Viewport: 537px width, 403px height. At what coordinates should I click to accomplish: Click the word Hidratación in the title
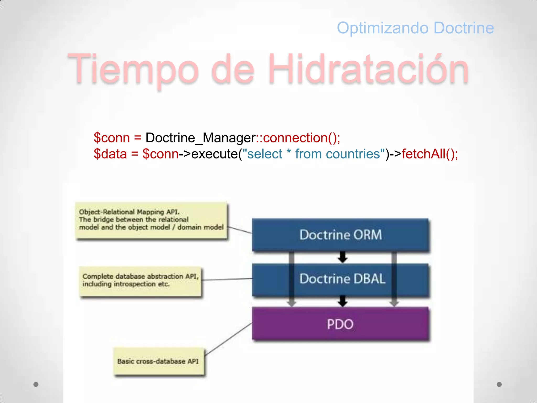click(x=368, y=69)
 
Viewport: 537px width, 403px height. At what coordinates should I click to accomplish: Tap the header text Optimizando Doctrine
click(x=415, y=28)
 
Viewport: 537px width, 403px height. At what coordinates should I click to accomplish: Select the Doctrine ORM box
click(x=340, y=235)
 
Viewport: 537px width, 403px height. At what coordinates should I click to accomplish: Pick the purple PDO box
click(x=340, y=324)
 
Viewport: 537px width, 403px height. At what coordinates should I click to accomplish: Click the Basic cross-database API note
click(x=158, y=362)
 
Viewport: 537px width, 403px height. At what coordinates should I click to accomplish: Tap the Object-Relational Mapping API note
click(x=151, y=220)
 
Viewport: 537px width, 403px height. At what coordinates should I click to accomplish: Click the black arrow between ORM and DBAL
click(x=342, y=257)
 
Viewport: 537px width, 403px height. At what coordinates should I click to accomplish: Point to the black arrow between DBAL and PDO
click(x=342, y=301)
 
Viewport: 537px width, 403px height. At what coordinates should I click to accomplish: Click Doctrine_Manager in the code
click(x=200, y=138)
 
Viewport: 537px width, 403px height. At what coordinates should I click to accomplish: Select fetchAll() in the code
click(x=430, y=154)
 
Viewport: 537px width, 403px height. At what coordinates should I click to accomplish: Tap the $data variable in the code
click(x=110, y=154)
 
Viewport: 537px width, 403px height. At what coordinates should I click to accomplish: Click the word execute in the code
click(x=214, y=154)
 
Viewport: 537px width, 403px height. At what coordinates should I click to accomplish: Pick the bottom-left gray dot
click(x=36, y=384)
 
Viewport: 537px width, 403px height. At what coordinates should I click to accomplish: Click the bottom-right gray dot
click(x=499, y=384)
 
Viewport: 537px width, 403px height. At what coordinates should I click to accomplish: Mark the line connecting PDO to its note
click(x=228, y=339)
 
